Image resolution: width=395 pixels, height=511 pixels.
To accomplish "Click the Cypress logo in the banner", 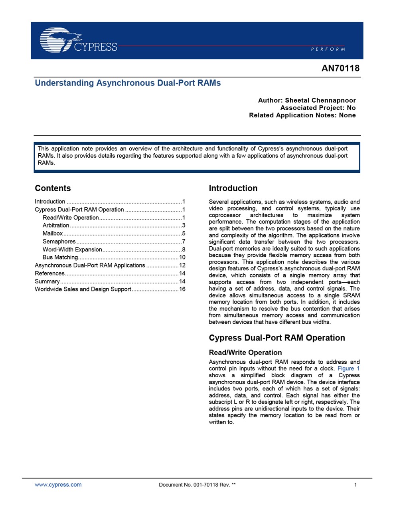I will [x=78, y=40].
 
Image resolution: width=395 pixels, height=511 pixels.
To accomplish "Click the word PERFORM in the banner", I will [x=328, y=49].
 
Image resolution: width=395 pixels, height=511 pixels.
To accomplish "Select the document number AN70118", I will [x=340, y=68].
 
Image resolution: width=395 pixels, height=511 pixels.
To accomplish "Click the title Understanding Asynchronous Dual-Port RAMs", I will [x=128, y=83].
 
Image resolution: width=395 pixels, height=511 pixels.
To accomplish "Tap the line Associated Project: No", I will [x=318, y=108].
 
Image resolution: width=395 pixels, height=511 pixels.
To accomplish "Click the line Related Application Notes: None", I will [x=302, y=115].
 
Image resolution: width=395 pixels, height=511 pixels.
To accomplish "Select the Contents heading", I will [x=53, y=188].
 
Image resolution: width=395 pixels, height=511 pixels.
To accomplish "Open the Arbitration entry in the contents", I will [x=56, y=226].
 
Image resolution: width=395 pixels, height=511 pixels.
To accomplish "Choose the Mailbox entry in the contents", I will [x=53, y=234].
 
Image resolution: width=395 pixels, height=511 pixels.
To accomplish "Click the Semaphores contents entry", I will [x=59, y=242].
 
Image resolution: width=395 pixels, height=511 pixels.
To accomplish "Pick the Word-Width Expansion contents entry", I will [x=72, y=250].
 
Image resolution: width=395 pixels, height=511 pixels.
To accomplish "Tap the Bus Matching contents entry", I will [x=60, y=257].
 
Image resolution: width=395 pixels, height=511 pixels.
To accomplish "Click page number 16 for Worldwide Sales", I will [x=182, y=289].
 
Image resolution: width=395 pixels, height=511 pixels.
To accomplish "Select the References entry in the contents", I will [x=49, y=273].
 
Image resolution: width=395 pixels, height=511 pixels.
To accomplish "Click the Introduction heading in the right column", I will [x=233, y=188].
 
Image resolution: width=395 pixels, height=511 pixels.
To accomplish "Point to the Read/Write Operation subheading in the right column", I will [x=245, y=353].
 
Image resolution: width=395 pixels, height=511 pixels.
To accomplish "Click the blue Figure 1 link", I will [x=348, y=368].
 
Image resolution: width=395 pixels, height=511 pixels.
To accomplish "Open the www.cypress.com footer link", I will [x=58, y=485].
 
